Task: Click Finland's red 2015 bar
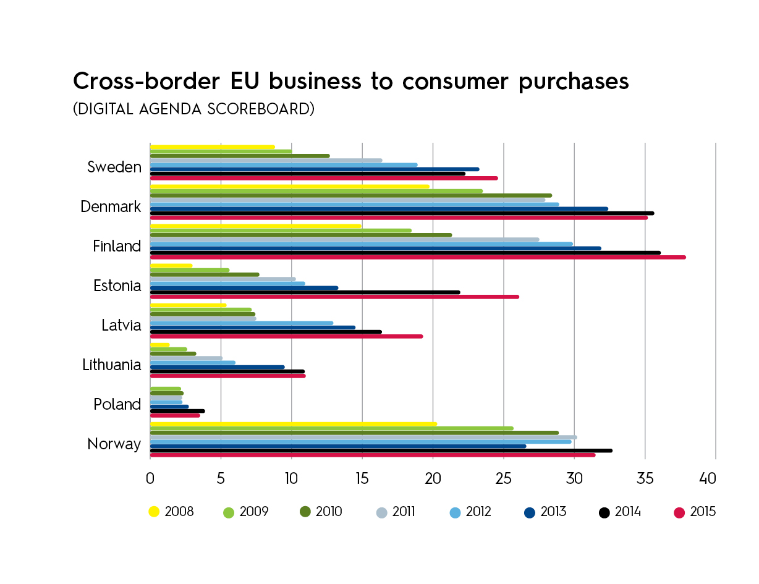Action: pyautogui.click(x=418, y=257)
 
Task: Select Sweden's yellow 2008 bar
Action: pyautogui.click(x=213, y=147)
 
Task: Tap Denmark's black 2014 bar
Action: pyautogui.click(x=402, y=213)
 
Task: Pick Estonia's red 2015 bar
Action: pyautogui.click(x=334, y=297)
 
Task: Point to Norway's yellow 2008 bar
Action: pyautogui.click(x=294, y=424)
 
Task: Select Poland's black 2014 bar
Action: pyautogui.click(x=177, y=411)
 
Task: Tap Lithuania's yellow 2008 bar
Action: pyautogui.click(x=159, y=345)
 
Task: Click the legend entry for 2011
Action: pyautogui.click(x=396, y=512)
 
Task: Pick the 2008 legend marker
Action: pyautogui.click(x=154, y=512)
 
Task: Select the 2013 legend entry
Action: pyautogui.click(x=546, y=512)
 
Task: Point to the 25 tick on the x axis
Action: pyautogui.click(x=503, y=478)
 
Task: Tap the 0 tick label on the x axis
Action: pyautogui.click(x=150, y=478)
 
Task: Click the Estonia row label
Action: pyautogui.click(x=117, y=286)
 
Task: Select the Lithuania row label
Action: pyautogui.click(x=112, y=365)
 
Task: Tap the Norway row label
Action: pyautogui.click(x=114, y=444)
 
